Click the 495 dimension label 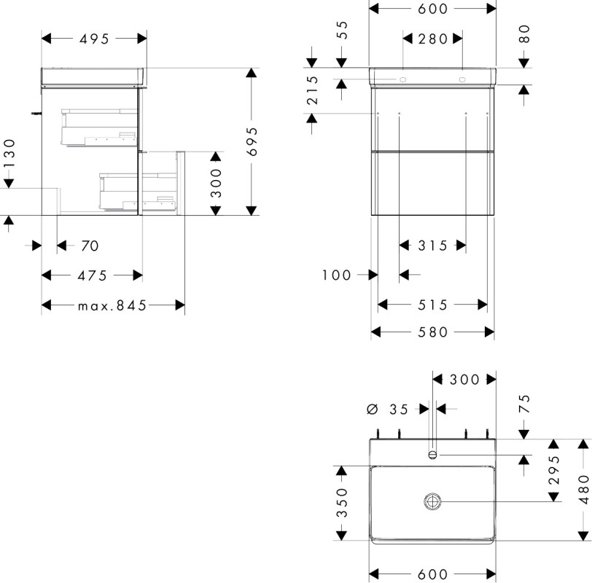click(94, 39)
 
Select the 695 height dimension click(252, 141)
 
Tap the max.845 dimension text click(112, 305)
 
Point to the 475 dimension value click(92, 276)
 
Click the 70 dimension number click(90, 246)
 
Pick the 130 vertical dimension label click(9, 154)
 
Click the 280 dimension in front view click(432, 39)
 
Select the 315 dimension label click(432, 246)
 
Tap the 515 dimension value click(432, 305)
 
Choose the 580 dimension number click(432, 332)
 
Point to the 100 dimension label click(336, 275)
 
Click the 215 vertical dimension click(312, 90)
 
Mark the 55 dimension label click(341, 30)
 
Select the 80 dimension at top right click(524, 34)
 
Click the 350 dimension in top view click(342, 503)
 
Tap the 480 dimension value click(584, 490)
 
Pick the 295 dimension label click(554, 470)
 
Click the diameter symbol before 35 click(373, 409)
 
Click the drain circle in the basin click(432, 501)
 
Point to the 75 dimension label click(524, 404)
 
